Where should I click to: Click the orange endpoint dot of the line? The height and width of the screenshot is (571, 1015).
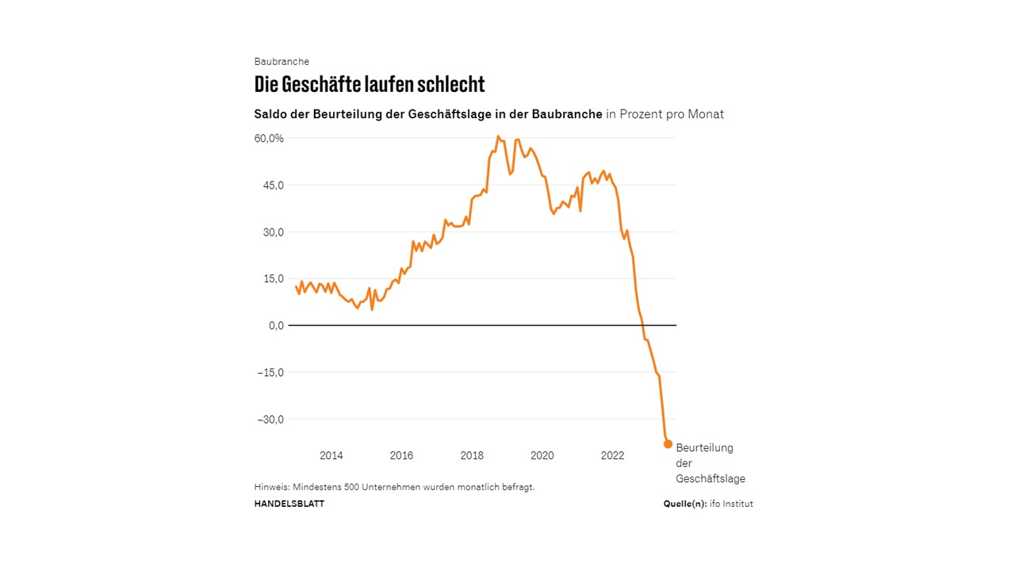click(x=668, y=444)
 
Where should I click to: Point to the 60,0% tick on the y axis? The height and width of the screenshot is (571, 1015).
click(x=269, y=138)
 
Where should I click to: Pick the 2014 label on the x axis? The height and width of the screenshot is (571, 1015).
click(x=331, y=456)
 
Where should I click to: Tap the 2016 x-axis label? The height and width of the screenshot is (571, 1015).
click(x=401, y=456)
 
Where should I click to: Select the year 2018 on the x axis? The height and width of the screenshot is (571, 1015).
click(x=472, y=456)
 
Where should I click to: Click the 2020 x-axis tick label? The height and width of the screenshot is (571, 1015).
click(x=542, y=456)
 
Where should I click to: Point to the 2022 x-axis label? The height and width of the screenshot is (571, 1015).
click(x=612, y=456)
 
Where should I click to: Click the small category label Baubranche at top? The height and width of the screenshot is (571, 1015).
click(x=282, y=62)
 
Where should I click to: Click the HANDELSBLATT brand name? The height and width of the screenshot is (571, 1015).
click(x=289, y=504)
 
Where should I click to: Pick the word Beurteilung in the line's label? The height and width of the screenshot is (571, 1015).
click(x=704, y=448)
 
